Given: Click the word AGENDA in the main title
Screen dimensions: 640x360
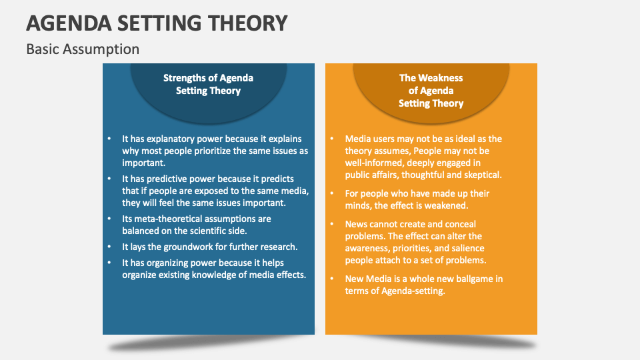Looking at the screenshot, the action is click(69, 23).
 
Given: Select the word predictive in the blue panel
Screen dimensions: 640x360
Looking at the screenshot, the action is click(166, 179).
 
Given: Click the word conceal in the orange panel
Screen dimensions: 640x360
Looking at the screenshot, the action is click(461, 224).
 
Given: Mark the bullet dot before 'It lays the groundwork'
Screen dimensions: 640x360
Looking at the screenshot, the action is click(109, 247).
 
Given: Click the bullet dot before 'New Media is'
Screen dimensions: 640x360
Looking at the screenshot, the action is click(332, 279).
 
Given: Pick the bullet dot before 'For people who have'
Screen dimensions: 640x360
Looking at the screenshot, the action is click(332, 193).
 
